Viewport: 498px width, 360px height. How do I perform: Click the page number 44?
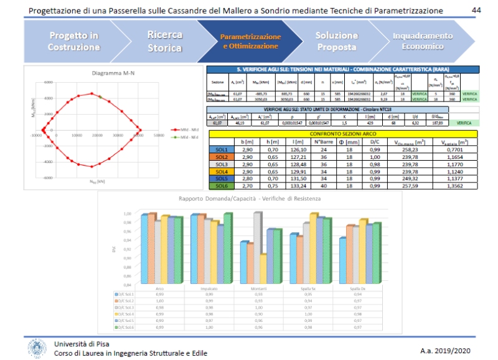[x=476, y=11]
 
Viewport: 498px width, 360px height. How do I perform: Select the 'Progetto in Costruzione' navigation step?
[x=73, y=41]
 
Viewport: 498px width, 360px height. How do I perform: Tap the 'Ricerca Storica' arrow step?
[x=165, y=41]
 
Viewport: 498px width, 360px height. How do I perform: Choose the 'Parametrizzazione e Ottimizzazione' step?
[x=250, y=41]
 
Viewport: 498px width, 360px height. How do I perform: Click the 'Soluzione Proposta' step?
[x=336, y=41]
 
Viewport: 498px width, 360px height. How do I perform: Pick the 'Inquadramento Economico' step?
[x=422, y=41]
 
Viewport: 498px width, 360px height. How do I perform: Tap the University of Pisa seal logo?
[x=35, y=348]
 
